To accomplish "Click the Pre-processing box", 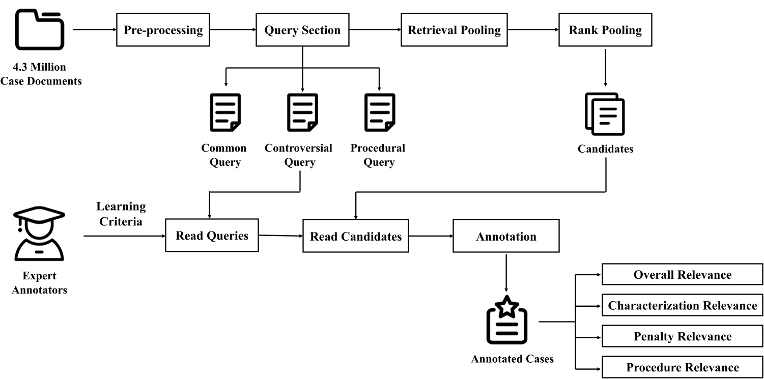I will pyautogui.click(x=163, y=30).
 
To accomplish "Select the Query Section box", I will pyautogui.click(x=302, y=30).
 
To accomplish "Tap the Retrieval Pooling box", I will pyautogui.click(x=454, y=30).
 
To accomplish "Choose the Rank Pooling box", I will pyautogui.click(x=605, y=30).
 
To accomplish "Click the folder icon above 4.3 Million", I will pyautogui.click(x=40, y=29).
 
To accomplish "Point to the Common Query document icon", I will pyautogui.click(x=225, y=112).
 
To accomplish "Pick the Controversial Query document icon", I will pyautogui.click(x=302, y=112).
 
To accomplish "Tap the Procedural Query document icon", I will pyautogui.click(x=379, y=112).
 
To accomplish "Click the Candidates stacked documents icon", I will pyautogui.click(x=605, y=114).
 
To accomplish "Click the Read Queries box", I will pyautogui.click(x=212, y=236).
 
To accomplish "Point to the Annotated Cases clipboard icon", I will pyautogui.click(x=506, y=320).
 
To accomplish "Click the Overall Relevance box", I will pyautogui.click(x=683, y=275).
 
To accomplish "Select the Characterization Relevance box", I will pyautogui.click(x=683, y=306).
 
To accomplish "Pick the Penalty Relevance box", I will pyautogui.click(x=683, y=337).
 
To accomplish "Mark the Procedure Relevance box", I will pyautogui.click(x=683, y=367).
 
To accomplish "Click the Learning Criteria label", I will pyautogui.click(x=121, y=214).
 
